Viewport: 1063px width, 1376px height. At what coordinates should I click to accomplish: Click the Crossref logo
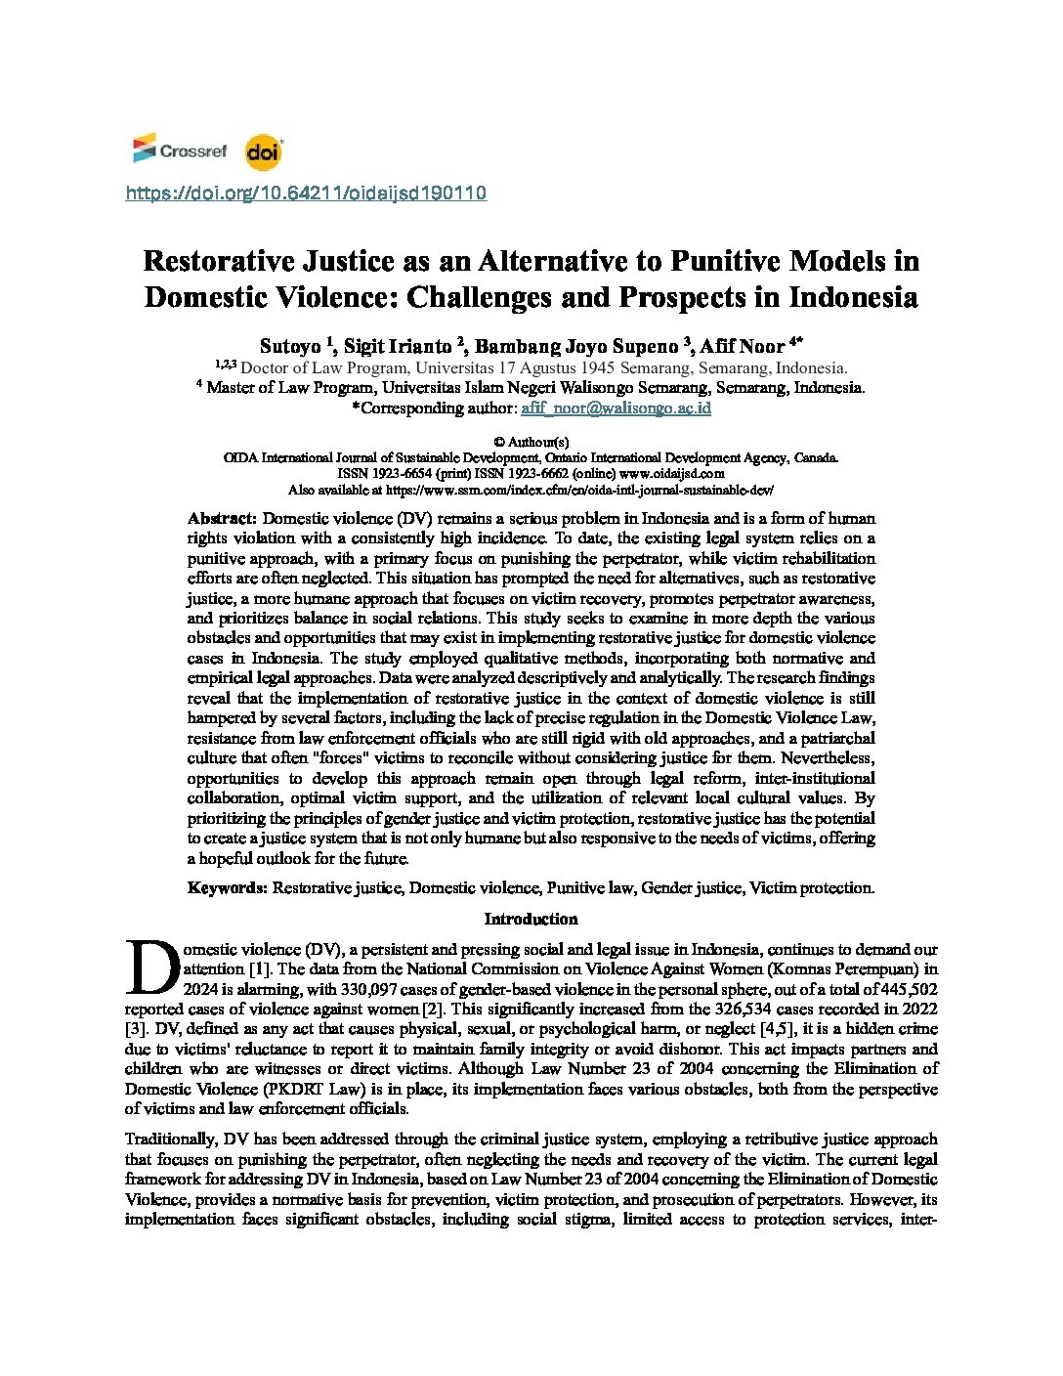[x=180, y=150]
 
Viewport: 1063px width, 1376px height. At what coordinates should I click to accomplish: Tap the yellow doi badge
[x=263, y=151]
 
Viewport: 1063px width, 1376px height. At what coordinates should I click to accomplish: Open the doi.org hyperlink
[x=306, y=193]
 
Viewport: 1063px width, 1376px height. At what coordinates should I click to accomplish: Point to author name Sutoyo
[x=289, y=346]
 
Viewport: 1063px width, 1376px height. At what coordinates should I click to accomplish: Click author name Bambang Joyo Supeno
[x=575, y=346]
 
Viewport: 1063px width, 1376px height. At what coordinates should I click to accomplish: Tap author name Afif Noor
[x=742, y=346]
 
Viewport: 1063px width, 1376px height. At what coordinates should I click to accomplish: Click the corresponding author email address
[x=616, y=408]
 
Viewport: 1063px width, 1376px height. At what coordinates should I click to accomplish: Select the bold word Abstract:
[x=223, y=518]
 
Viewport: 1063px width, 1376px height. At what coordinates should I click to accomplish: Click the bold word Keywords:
[x=228, y=887]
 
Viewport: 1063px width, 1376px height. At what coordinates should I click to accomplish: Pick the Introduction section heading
[x=531, y=919]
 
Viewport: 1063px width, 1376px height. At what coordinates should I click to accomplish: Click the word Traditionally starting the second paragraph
[x=170, y=1139]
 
